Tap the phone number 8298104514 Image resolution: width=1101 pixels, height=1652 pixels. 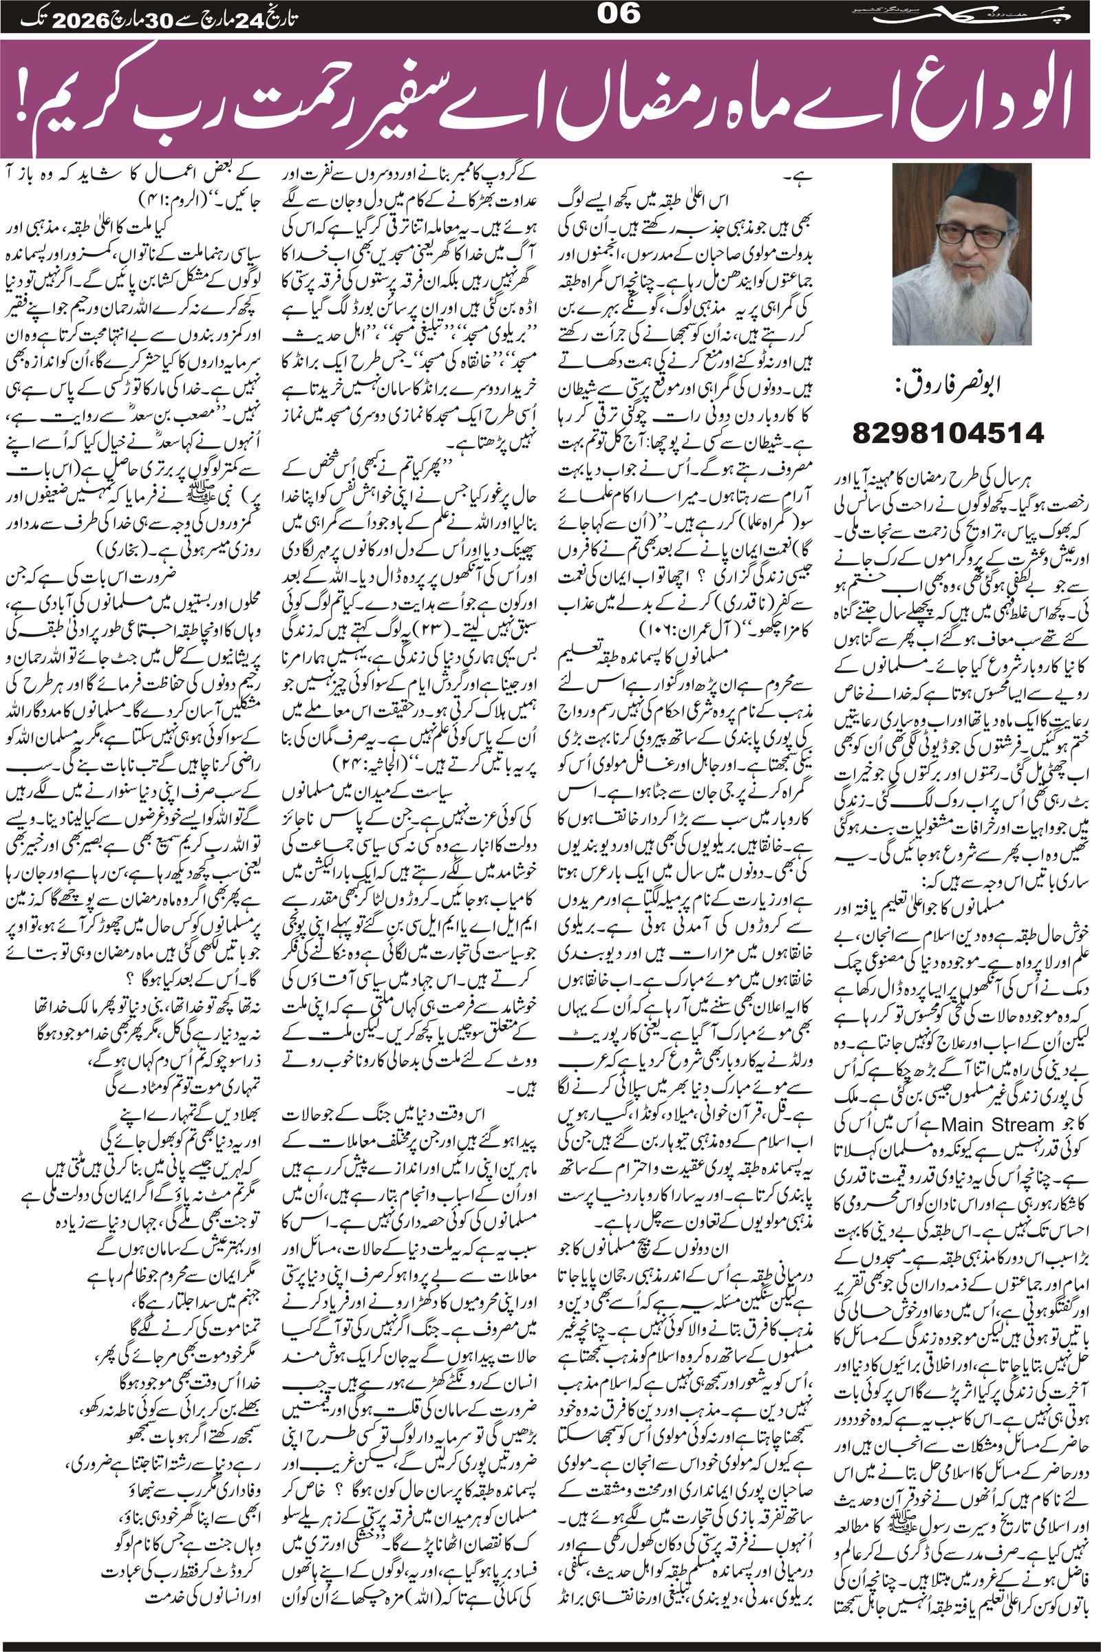[x=948, y=432]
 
